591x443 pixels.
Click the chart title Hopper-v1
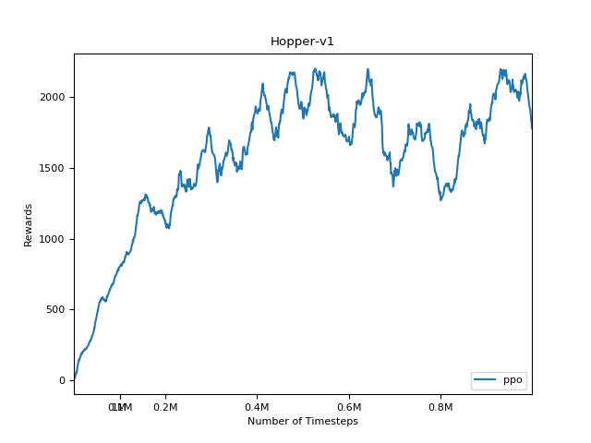coord(295,42)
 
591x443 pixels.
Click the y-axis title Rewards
coord(29,224)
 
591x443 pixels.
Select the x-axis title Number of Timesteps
coord(302,421)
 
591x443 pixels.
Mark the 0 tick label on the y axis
coord(63,380)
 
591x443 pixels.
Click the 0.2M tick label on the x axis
coord(165,407)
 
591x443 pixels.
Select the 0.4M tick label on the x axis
coord(257,407)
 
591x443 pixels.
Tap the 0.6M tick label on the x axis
coord(349,407)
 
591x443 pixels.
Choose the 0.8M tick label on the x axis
coord(440,407)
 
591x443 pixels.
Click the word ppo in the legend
coord(513,380)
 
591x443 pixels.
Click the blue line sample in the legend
coord(487,380)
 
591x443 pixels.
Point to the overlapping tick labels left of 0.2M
coord(119,407)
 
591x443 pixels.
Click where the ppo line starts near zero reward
coord(75,378)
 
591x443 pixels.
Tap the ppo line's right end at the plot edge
coord(532,127)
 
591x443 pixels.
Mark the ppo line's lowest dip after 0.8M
coord(441,199)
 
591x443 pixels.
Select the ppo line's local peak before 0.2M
coord(145,195)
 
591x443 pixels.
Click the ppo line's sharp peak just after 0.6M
coord(368,69)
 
